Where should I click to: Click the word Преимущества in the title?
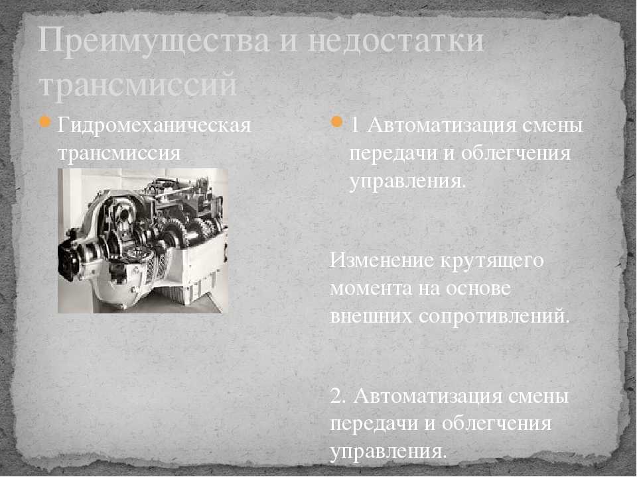[153, 40]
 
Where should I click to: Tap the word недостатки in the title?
[395, 40]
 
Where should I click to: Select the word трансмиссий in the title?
[138, 84]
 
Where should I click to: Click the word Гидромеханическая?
[154, 125]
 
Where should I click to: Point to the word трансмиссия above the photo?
[119, 153]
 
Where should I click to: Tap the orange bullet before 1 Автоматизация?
[337, 122]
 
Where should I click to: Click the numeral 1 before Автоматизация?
[355, 126]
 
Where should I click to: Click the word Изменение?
[382, 260]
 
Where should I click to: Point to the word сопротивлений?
[494, 317]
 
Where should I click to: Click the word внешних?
[372, 317]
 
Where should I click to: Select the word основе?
[478, 288]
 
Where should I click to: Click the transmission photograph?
[143, 240]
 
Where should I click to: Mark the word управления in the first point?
[407, 182]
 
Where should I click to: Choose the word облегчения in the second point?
[496, 424]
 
